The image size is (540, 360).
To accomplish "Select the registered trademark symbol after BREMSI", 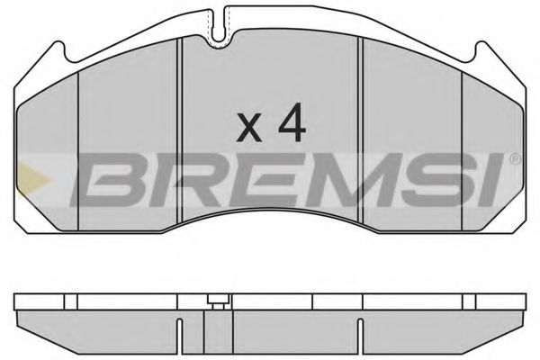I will pos(514,160).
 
